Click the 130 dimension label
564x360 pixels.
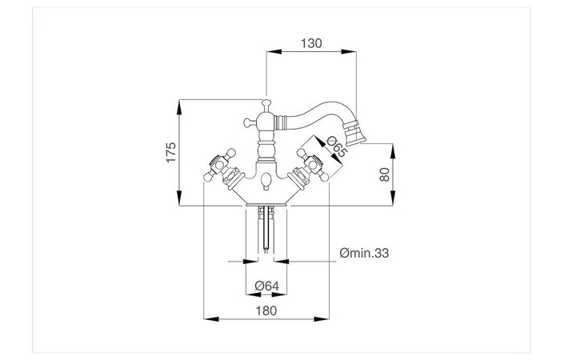click(x=311, y=43)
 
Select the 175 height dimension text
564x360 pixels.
click(x=171, y=152)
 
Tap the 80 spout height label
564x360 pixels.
click(x=385, y=174)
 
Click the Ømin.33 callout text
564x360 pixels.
click(x=364, y=253)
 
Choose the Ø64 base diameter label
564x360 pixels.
click(x=267, y=286)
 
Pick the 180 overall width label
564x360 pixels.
click(x=266, y=310)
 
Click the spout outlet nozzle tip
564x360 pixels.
click(x=355, y=137)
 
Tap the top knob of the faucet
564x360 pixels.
click(x=266, y=104)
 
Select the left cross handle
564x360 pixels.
click(x=219, y=166)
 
